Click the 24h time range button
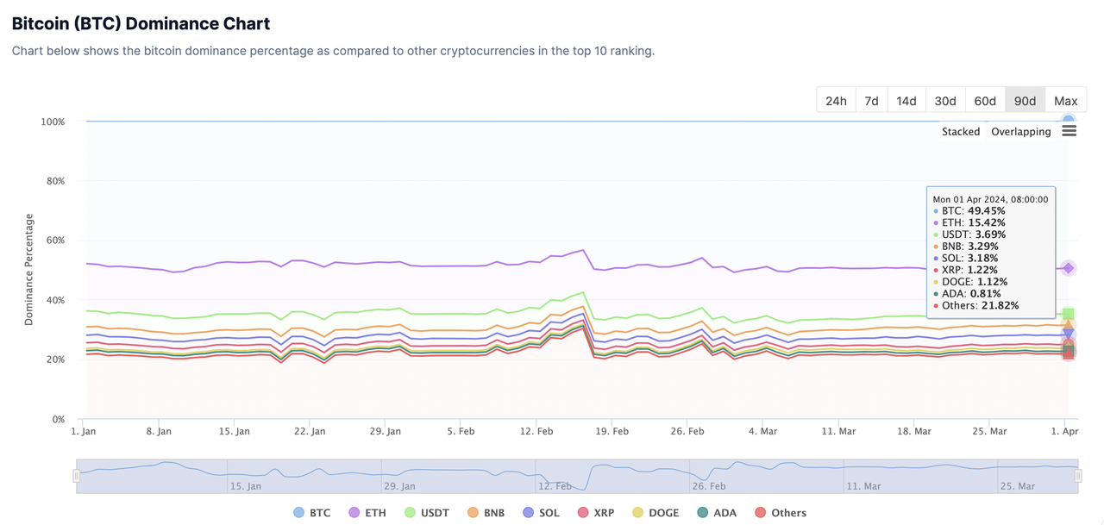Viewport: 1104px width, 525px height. pyautogui.click(x=836, y=101)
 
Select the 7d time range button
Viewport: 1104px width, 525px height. pyautogui.click(x=871, y=101)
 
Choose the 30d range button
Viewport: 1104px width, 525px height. pyautogui.click(x=945, y=101)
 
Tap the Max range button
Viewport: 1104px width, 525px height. pyautogui.click(x=1065, y=101)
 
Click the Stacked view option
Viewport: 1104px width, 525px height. pyautogui.click(x=961, y=132)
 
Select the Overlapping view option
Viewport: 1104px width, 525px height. pyautogui.click(x=1020, y=132)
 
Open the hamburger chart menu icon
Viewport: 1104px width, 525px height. pyautogui.click(x=1069, y=131)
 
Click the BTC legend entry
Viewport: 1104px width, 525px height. pyautogui.click(x=311, y=513)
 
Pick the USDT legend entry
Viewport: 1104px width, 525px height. pyautogui.click(x=425, y=513)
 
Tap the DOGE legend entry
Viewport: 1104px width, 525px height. pyautogui.click(x=655, y=513)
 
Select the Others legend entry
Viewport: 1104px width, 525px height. pyautogui.click(x=781, y=513)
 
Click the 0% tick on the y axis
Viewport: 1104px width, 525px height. pyautogui.click(x=58, y=420)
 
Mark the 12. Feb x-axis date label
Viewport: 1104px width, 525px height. pyautogui.click(x=536, y=431)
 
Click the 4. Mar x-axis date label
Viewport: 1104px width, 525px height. pyautogui.click(x=763, y=431)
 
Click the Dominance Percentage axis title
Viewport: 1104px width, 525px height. pyautogui.click(x=29, y=269)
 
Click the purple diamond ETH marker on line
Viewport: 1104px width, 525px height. pyautogui.click(x=1068, y=268)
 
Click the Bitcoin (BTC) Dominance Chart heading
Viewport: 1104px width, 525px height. pyautogui.click(x=141, y=24)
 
